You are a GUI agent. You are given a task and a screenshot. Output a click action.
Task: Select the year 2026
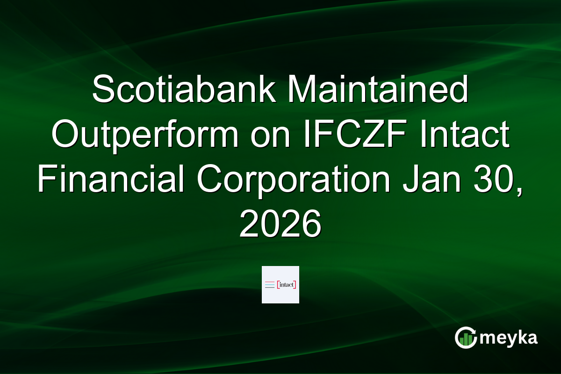coord(280,225)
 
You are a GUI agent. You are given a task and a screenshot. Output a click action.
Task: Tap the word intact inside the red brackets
coord(287,284)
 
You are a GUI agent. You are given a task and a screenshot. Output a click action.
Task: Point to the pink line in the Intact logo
coord(270,282)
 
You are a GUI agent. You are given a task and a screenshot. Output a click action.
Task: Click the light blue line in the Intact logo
coord(270,284)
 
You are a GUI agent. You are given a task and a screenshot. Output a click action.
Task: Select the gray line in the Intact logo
coord(270,287)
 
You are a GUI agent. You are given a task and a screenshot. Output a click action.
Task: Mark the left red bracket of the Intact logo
coord(278,284)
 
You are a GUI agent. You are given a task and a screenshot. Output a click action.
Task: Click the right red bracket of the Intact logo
coord(295,284)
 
